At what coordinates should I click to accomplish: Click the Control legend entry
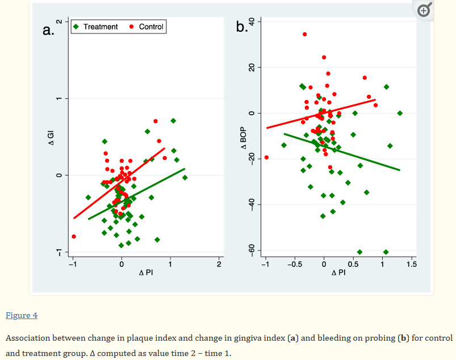[x=147, y=27]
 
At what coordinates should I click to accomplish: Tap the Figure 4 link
[x=22, y=315]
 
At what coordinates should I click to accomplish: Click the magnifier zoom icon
[x=424, y=10]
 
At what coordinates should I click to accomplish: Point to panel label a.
[x=48, y=30]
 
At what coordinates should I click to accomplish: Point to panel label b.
[x=241, y=27]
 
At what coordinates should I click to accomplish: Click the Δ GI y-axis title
[x=51, y=137]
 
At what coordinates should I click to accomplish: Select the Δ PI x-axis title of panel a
[x=145, y=273]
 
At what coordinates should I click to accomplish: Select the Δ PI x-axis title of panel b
[x=338, y=273]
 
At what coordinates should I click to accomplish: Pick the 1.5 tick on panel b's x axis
[x=412, y=264]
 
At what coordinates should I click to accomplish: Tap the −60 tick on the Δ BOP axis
[x=257, y=250]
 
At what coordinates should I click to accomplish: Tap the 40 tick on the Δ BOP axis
[x=257, y=22]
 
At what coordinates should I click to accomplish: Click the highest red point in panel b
[x=304, y=34]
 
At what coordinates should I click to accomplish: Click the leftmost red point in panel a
[x=74, y=236]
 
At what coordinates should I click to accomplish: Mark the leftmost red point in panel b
[x=266, y=157]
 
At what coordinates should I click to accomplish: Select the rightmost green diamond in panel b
[x=400, y=113]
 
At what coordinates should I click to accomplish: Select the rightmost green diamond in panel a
[x=185, y=177]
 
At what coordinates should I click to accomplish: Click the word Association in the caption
[x=27, y=338]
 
